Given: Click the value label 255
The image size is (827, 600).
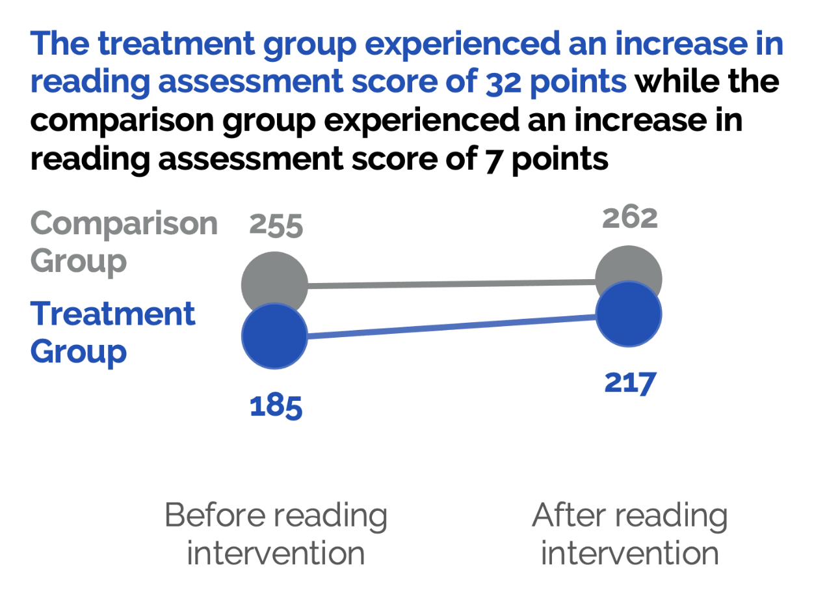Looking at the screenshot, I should coord(276,226).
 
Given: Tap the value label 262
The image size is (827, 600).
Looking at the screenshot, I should coord(629,217).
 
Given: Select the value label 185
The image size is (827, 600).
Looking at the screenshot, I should coord(276,406).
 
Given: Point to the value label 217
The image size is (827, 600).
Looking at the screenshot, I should coord(629,382).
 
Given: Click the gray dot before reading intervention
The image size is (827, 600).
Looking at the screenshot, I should coord(274,277).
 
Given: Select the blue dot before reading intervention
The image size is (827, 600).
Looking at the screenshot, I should coord(274,336).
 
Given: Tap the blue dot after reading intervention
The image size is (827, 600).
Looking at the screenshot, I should coord(629,314).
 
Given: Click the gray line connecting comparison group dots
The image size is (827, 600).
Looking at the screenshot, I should coord(451,283).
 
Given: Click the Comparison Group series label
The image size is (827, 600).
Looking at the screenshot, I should coord(124,242).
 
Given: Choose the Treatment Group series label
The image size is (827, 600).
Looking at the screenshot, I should coord(112,332).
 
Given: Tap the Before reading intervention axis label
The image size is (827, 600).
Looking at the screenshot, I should coord(276,534).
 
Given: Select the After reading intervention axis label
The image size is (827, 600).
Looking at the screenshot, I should coord(629,534).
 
